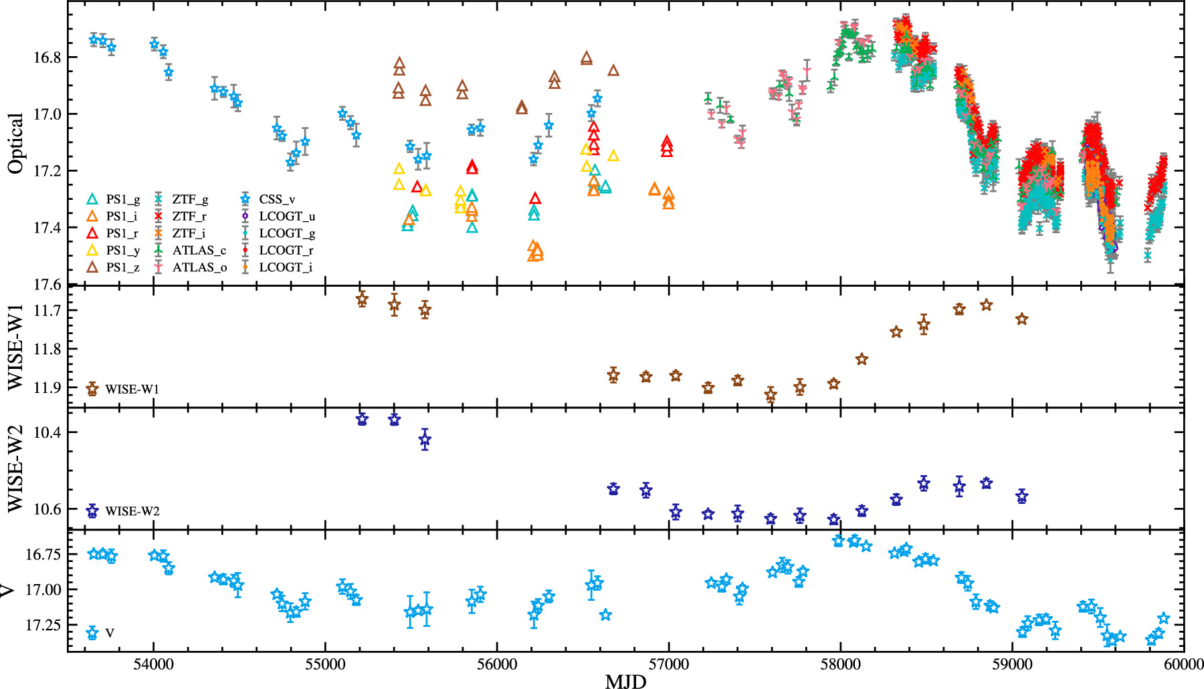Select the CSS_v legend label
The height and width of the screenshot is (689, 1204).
[x=277, y=199]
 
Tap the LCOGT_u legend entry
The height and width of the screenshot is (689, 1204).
[x=286, y=217]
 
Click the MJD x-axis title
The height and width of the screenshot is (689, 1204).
[x=625, y=681]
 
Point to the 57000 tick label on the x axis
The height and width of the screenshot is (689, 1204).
[x=668, y=665]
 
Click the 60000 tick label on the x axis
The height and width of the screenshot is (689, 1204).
[x=1183, y=665]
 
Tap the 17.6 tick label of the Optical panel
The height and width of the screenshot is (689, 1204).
[x=46, y=285]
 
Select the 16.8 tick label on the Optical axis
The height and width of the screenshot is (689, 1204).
[x=46, y=57]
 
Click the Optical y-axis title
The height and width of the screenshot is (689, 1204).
[x=15, y=143]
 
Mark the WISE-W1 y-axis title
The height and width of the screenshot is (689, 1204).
[x=15, y=346]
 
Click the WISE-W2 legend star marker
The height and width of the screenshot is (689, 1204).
[x=92, y=511]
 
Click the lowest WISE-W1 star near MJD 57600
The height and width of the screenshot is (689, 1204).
[x=771, y=396]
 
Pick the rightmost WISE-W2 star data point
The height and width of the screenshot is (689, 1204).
[x=1021, y=496]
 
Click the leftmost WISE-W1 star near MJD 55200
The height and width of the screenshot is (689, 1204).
[x=362, y=298]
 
